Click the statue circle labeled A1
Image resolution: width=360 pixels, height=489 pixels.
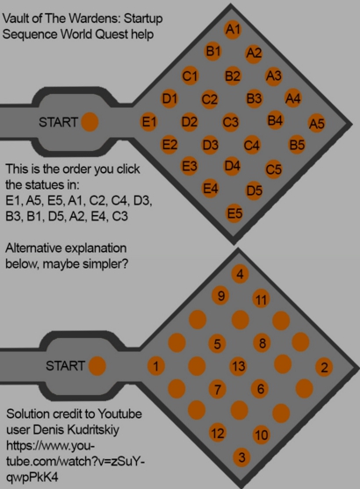click(x=233, y=30)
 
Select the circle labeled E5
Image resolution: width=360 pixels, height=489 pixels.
click(x=234, y=213)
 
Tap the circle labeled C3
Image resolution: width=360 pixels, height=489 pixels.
click(x=231, y=122)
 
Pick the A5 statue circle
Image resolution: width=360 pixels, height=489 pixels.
click(x=316, y=123)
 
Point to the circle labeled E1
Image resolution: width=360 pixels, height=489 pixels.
click(x=148, y=122)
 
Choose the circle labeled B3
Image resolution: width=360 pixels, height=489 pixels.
click(x=254, y=98)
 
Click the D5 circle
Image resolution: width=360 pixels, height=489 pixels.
click(x=255, y=191)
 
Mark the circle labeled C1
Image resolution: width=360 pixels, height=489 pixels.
click(x=190, y=76)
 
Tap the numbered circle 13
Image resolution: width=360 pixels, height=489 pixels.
click(x=239, y=366)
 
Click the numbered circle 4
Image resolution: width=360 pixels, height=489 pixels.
click(x=240, y=274)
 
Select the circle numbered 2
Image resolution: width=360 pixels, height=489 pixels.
click(x=324, y=367)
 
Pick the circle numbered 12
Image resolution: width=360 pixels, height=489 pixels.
click(x=218, y=433)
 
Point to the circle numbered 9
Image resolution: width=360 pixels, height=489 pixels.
click(x=221, y=295)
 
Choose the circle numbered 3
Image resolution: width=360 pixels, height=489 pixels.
click(x=241, y=457)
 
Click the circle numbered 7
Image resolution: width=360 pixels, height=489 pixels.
click(x=218, y=389)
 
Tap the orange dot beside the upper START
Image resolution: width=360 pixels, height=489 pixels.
click(x=90, y=122)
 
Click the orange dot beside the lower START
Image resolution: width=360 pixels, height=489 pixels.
click(x=97, y=365)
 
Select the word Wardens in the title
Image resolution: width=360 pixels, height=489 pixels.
click(x=94, y=18)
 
